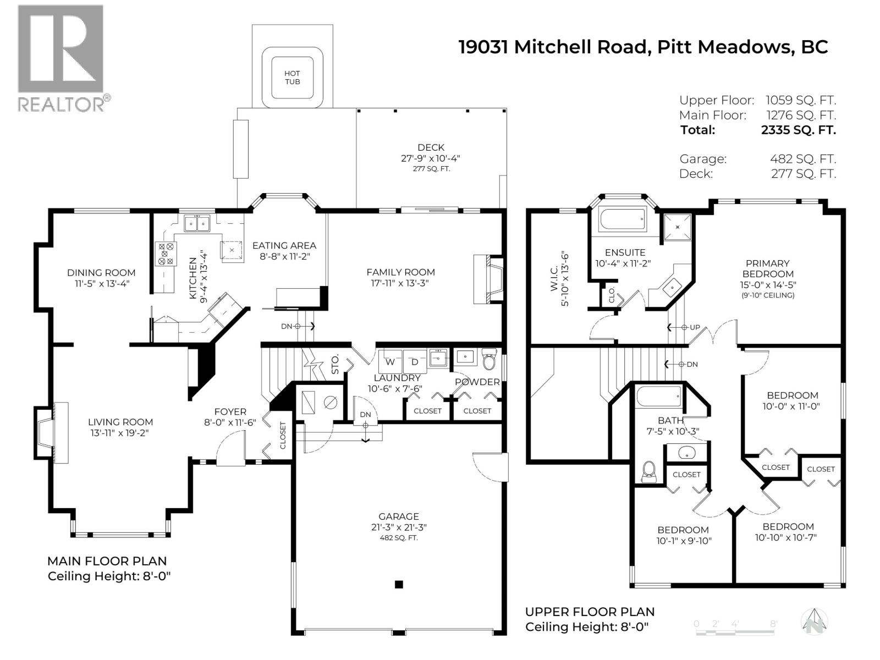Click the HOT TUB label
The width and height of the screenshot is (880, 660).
(x=292, y=77)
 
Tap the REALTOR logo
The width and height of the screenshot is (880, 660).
(x=61, y=58)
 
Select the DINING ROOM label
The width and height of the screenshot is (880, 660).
(x=101, y=272)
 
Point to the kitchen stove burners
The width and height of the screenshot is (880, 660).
(x=166, y=253)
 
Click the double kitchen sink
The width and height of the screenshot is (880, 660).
(x=197, y=223)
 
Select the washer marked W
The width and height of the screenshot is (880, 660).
(x=390, y=361)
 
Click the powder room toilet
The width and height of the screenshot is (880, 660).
(x=489, y=360)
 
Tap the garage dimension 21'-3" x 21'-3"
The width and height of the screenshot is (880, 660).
(x=399, y=527)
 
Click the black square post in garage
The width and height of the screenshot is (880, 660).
(x=399, y=584)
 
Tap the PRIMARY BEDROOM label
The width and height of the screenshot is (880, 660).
(x=767, y=268)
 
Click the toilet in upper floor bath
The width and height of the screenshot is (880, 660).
(x=650, y=472)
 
